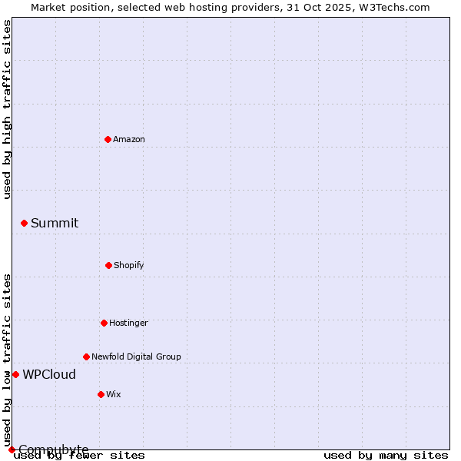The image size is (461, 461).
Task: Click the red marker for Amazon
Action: click(x=108, y=139)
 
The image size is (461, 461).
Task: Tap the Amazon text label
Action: click(x=129, y=140)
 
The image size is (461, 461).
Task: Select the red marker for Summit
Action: click(x=24, y=224)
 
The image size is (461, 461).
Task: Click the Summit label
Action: click(x=55, y=224)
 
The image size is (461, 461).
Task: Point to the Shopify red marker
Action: click(x=108, y=265)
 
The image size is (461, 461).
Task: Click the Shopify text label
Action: click(x=129, y=266)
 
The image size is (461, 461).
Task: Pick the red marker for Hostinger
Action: click(x=104, y=323)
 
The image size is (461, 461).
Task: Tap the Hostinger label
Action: click(x=128, y=323)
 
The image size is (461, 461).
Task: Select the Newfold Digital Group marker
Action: click(x=86, y=357)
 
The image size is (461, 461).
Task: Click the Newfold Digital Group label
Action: click(x=136, y=357)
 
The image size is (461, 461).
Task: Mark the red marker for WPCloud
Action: click(x=15, y=374)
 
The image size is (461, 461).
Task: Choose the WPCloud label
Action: click(x=49, y=375)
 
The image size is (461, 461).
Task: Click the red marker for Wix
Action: click(x=101, y=394)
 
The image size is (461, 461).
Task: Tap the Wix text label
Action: click(x=114, y=395)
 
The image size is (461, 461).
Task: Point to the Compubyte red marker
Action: click(x=12, y=449)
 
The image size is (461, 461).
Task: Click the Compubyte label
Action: click(x=54, y=449)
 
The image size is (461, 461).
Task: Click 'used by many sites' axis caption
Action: click(x=386, y=456)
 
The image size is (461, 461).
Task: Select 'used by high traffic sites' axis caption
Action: click(x=7, y=109)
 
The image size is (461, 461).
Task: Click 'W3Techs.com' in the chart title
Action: click(x=393, y=7)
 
